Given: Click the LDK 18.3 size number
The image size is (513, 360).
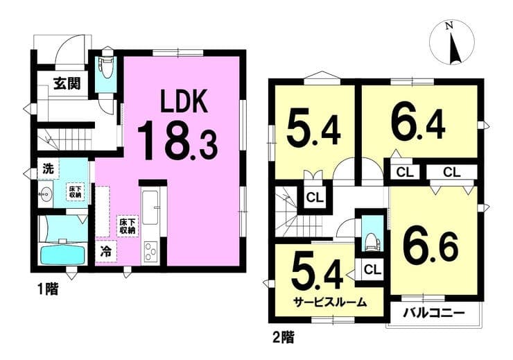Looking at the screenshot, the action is tap(177, 141).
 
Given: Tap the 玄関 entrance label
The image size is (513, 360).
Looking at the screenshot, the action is tap(67, 84).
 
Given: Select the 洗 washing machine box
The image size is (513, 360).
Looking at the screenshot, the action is tap(48, 169).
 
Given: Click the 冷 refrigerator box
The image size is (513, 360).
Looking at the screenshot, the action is tap(106, 252).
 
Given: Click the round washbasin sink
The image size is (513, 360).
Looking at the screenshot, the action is tap(44, 194).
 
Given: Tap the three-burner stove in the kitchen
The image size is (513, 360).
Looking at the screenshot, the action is tap(150, 251).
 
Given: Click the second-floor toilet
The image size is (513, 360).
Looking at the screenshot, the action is tap(372, 241).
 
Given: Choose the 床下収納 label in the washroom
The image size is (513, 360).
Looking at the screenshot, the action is tap(76, 191).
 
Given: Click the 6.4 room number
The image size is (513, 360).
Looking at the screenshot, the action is tap(418, 126).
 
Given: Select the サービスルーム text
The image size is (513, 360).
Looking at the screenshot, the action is tap(330, 302).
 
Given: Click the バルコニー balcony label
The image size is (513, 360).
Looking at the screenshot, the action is tap(433, 314).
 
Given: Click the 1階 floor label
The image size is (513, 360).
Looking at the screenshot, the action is tap(48, 289).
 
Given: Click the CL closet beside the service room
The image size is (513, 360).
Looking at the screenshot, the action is tap(373, 270).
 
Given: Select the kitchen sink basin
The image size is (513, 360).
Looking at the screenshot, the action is tap(150, 208).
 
